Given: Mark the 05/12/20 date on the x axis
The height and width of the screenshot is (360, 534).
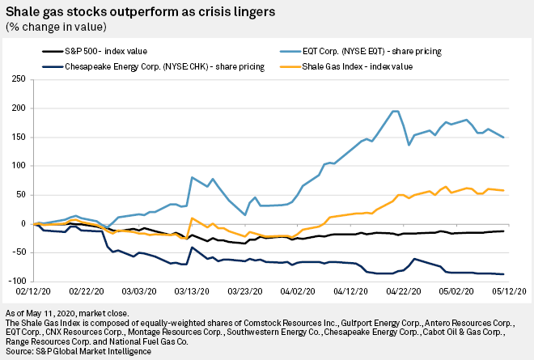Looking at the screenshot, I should coord(511,290).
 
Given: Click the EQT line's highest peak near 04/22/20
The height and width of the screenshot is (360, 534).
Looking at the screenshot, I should coord(395,112).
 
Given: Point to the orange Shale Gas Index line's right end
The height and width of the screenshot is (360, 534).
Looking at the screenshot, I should coord(503,190).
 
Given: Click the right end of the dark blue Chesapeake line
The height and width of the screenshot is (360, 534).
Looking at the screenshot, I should coord(503,274).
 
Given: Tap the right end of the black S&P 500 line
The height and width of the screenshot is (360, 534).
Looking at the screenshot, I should coord(503,231).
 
